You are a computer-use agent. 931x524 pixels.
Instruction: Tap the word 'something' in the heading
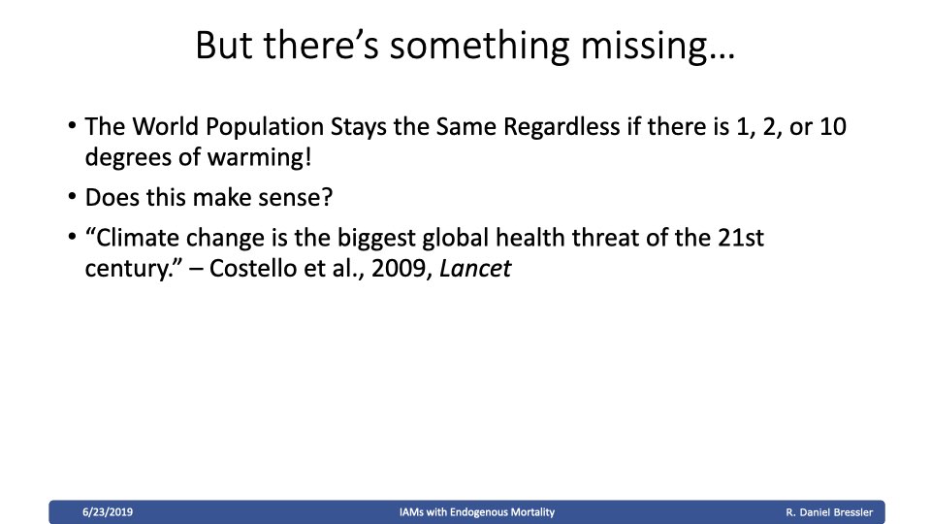479,46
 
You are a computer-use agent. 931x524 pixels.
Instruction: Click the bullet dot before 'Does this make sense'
73,196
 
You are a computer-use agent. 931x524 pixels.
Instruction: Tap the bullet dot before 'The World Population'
73,125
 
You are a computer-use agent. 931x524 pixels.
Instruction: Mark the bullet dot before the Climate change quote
73,237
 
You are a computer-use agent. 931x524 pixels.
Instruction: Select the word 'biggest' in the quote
376,239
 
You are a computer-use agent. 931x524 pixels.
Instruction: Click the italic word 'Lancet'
475,269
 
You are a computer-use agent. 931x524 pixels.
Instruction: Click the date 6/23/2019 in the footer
108,512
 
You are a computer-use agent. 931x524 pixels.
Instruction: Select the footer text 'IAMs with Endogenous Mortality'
477,512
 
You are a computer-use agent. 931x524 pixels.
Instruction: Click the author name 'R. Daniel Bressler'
829,512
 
